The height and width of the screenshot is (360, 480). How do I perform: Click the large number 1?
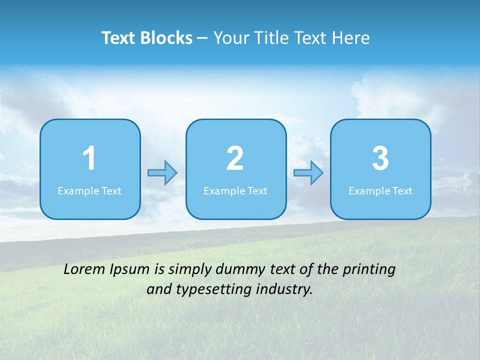[89, 158]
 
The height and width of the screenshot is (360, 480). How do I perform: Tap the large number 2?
[235, 158]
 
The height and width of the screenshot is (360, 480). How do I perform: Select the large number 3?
[380, 158]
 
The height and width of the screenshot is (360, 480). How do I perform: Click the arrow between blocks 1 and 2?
[162, 173]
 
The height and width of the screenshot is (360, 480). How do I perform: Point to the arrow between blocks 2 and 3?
[308, 173]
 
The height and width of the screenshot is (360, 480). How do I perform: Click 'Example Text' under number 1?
[89, 190]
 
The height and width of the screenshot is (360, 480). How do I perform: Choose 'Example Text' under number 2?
[235, 190]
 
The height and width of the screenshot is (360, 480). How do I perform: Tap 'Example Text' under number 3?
[380, 190]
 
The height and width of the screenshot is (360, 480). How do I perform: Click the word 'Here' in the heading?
[351, 38]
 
